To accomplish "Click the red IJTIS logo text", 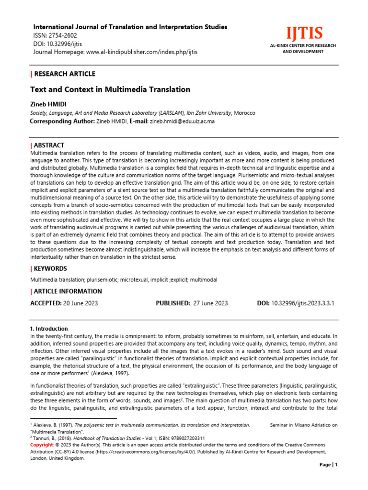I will point(304,34).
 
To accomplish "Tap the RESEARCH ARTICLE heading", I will point(64,74).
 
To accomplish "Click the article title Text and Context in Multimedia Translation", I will point(110,89).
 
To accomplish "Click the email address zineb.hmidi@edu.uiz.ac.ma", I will point(182,122).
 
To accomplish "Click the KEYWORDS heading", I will point(50,268).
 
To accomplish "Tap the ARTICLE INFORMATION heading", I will point(67,291).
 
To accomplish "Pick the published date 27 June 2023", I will point(210,303).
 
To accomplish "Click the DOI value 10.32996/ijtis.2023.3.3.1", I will point(303,303).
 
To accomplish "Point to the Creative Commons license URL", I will point(141,452).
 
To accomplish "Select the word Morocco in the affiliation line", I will point(244,113).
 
